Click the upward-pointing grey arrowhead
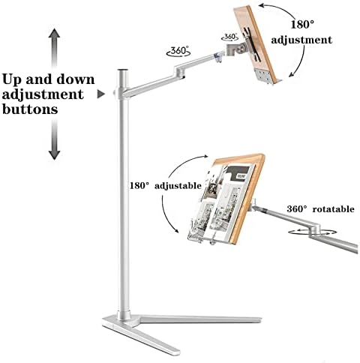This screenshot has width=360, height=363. pos(54,33)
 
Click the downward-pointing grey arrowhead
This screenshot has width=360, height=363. pos(54,155)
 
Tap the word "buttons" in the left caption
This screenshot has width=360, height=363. pos(30,109)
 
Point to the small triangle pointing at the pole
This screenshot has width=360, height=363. pos(100,94)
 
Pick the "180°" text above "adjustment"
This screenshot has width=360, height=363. pos(302,25)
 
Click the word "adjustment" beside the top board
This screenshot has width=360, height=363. pos(301,40)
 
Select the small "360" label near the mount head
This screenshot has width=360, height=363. pos(229,37)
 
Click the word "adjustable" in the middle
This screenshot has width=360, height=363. pos(178,186)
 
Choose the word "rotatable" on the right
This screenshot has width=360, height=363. pos(334,209)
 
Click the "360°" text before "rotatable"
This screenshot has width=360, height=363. pos(297,209)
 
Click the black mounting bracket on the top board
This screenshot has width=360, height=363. pos(253,44)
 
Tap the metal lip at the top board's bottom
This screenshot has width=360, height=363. pos(268,77)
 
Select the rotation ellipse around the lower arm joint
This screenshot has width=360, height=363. pos(312,232)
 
